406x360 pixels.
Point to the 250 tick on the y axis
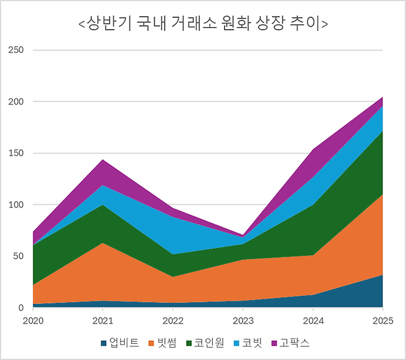pos(16,50)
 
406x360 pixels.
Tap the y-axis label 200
pos(16,101)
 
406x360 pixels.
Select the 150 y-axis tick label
pos(16,153)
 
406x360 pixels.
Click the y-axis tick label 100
pos(16,204)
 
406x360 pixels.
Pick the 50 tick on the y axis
pos(19,256)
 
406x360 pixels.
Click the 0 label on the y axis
pos(21,308)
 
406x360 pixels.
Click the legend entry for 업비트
pos(120,341)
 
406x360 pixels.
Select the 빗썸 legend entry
pos(162,341)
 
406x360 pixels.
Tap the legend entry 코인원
pos(205,341)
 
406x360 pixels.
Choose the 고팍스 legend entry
pos(290,341)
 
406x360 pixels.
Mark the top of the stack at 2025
pos(383,97)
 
